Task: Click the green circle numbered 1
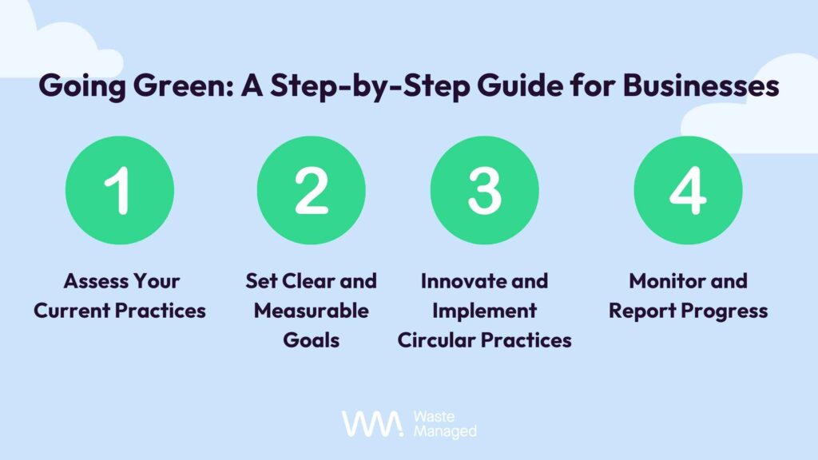pos(120,190)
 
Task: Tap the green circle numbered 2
pos(312,190)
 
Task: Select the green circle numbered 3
pos(485,190)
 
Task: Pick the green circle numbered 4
pos(688,190)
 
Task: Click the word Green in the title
pos(183,85)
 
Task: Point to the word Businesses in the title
pos(701,85)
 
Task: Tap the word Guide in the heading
pos(520,85)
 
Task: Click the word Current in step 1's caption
pos(71,311)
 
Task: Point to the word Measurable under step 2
pos(312,311)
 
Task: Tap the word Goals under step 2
pos(312,340)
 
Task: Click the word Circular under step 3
pos(435,340)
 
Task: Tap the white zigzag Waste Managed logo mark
pos(372,423)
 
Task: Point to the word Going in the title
pos(82,86)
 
